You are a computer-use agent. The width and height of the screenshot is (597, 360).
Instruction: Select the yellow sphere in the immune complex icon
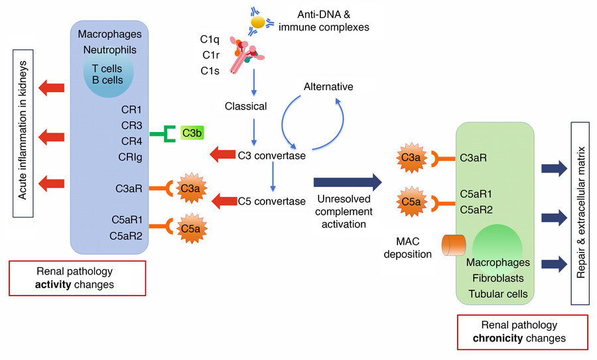[x=257, y=23]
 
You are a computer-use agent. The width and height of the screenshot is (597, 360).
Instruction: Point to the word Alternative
[x=328, y=87]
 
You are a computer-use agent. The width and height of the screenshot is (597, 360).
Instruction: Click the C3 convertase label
[x=271, y=156]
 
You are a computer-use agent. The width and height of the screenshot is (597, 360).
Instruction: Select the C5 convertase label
[x=271, y=201]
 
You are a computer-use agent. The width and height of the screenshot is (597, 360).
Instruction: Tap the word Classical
[x=245, y=106]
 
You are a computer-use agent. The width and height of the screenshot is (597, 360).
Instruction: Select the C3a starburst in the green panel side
[x=409, y=159]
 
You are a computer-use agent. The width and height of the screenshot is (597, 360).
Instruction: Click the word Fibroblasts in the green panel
[x=498, y=278]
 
